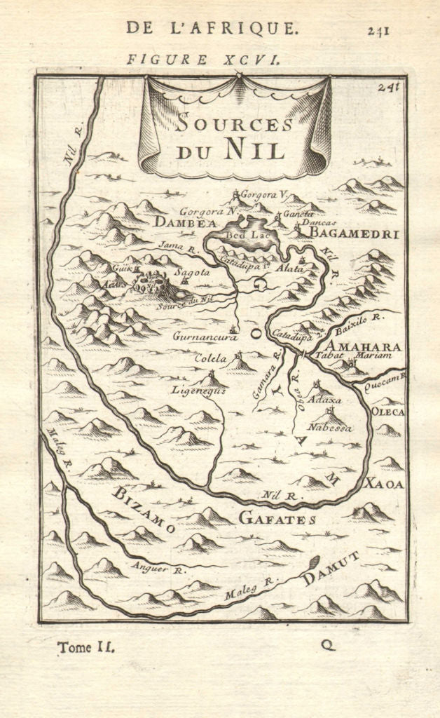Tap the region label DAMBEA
point(176,224)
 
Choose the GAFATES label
point(277,519)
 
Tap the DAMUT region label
point(331,568)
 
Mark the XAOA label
point(384,483)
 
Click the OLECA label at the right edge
point(387,412)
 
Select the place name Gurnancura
point(200,336)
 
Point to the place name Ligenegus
point(199,391)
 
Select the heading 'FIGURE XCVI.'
point(204,59)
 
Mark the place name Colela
point(210,358)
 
